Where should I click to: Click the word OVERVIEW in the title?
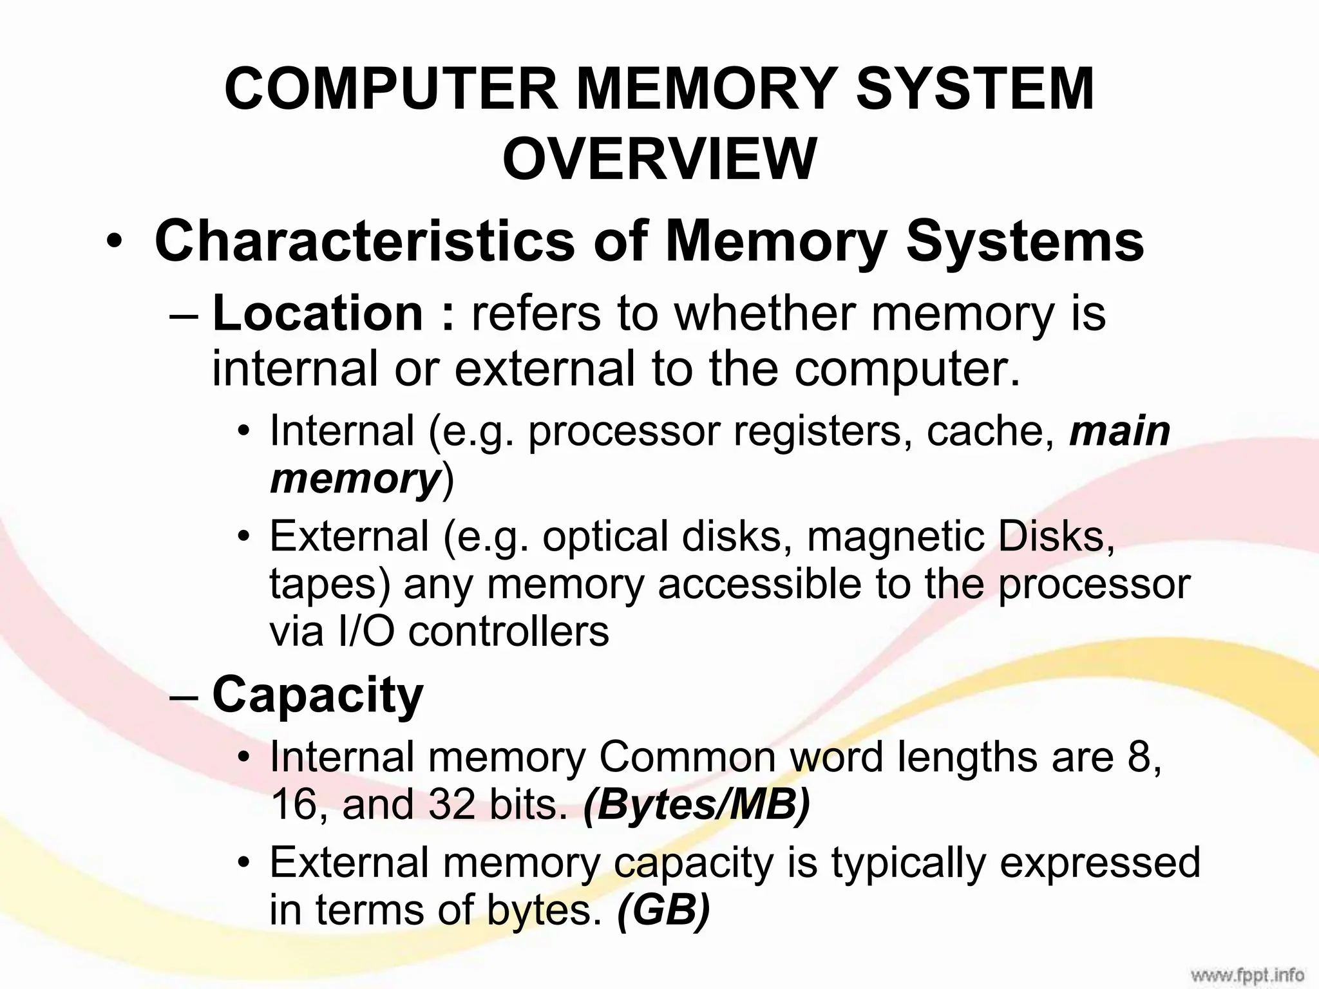(659, 159)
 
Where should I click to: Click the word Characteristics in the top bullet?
(365, 241)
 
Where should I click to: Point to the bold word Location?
(318, 314)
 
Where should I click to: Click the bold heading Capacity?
(318, 695)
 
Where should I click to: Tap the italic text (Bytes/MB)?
(696, 804)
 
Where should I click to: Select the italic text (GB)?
(663, 910)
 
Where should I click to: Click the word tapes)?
(330, 584)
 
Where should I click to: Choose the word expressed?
(1100, 862)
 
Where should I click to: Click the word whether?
(764, 314)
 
